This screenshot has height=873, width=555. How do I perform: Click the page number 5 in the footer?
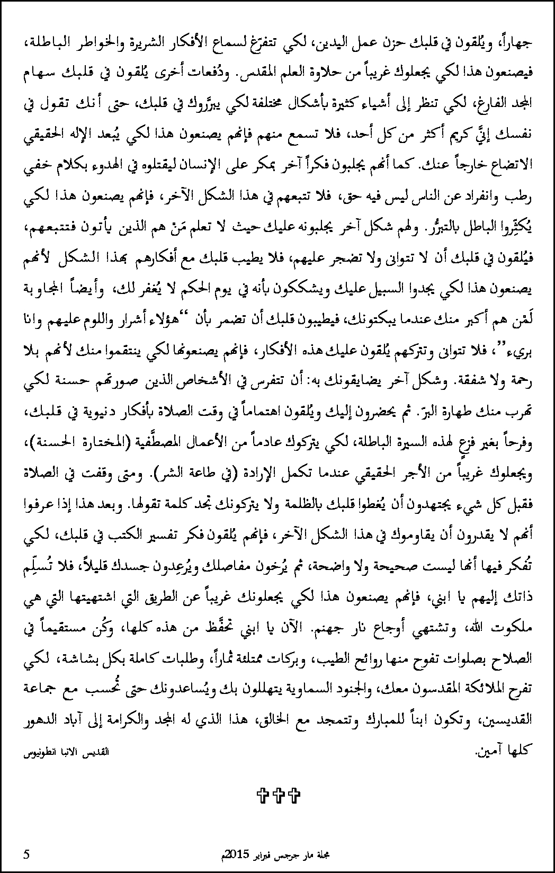pyautogui.click(x=26, y=854)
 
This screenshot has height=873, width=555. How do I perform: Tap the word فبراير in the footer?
pyautogui.click(x=265, y=854)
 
